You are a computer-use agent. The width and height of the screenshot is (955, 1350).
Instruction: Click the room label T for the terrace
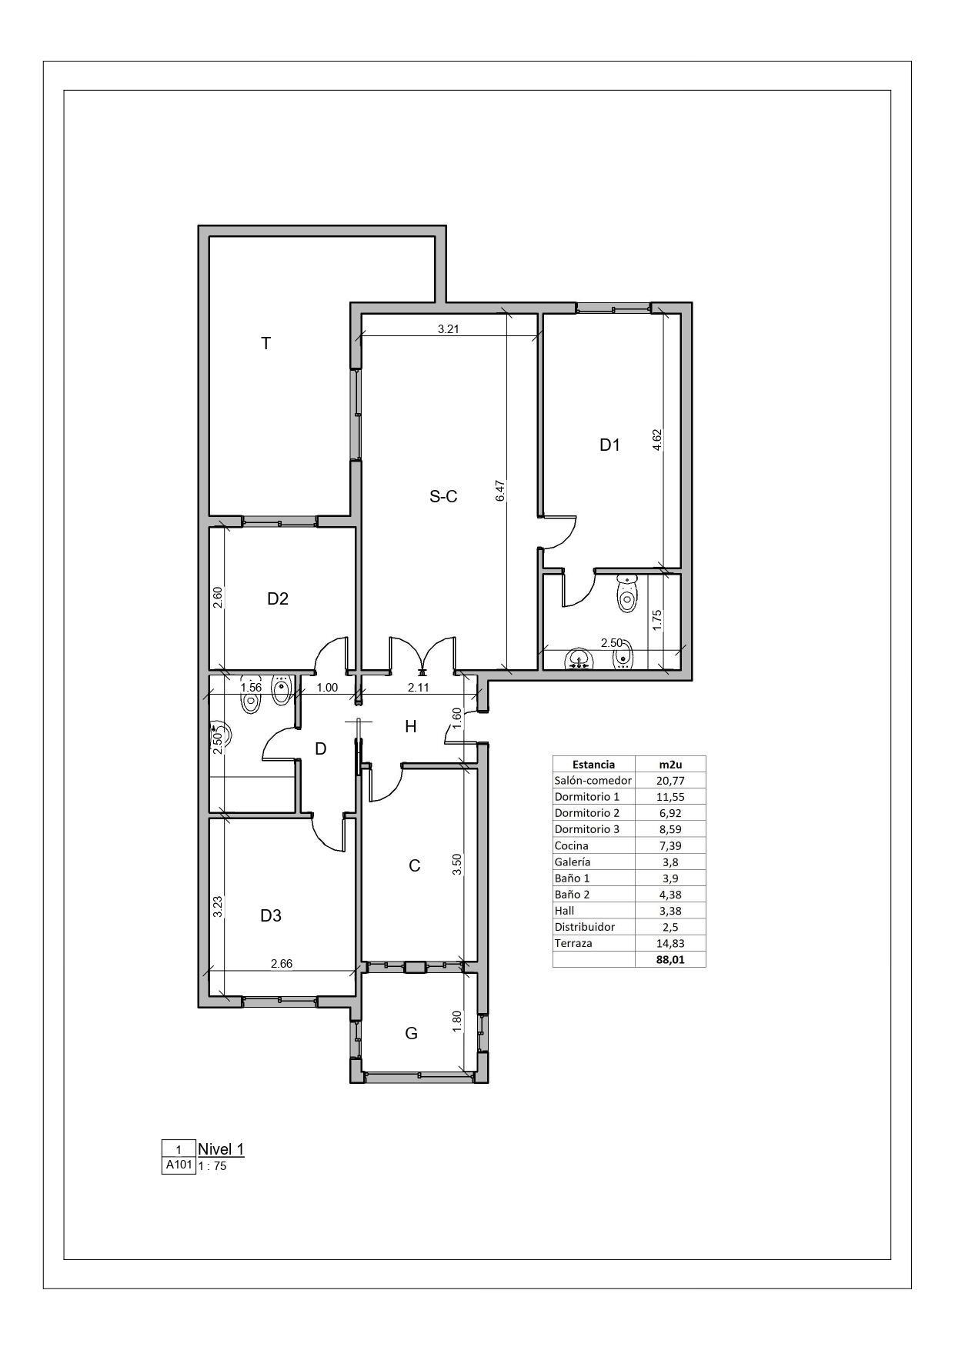point(266,343)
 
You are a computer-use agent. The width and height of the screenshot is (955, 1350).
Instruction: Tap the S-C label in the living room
point(443,497)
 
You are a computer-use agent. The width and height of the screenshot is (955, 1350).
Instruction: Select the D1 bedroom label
point(609,445)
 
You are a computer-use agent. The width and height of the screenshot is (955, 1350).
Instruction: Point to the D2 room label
point(278,598)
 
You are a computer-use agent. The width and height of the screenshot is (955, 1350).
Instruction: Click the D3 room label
point(271,915)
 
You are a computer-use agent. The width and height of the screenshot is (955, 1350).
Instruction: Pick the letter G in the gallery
point(412,1033)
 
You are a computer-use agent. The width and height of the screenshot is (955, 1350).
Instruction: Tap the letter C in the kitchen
point(414,866)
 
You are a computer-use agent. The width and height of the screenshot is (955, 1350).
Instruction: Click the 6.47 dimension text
point(500,492)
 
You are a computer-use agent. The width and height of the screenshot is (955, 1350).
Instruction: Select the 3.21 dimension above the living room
point(449,329)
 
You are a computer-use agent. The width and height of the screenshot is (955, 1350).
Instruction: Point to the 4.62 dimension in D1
point(656,439)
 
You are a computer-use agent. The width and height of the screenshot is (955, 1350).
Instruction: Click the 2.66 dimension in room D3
point(282,963)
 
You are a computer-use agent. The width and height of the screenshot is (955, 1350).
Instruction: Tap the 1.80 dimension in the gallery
point(456,1022)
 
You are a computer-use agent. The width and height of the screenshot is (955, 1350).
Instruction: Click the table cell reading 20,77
point(670,780)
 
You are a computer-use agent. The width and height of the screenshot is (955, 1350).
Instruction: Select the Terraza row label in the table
point(573,943)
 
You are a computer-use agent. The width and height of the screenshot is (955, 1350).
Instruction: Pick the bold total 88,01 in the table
point(670,959)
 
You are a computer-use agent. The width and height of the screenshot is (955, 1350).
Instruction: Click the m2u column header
point(670,764)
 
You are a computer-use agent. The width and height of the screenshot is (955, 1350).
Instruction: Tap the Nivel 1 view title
point(221,1149)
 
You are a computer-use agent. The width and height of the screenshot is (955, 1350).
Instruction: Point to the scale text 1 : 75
point(212,1166)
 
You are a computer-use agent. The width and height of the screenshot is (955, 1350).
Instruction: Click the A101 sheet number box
point(179,1165)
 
